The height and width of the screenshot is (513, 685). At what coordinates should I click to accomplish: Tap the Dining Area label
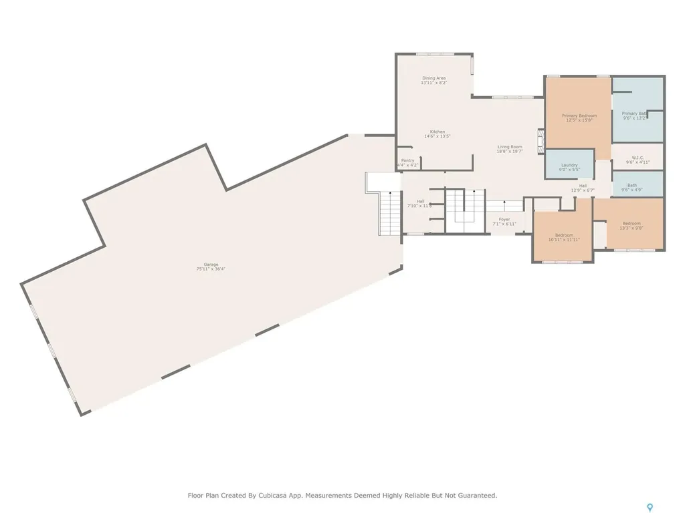tap(433, 78)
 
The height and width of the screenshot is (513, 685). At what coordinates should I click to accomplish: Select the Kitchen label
tap(437, 132)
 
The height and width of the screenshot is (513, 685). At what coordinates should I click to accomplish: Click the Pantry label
tap(407, 160)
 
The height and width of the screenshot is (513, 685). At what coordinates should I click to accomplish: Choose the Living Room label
tap(509, 147)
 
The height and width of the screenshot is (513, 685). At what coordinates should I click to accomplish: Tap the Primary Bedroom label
tap(579, 116)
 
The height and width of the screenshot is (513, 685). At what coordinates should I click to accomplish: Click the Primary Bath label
tap(633, 114)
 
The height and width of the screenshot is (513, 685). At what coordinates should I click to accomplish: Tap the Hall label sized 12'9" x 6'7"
tap(583, 186)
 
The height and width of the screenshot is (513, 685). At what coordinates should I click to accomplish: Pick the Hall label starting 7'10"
tap(420, 201)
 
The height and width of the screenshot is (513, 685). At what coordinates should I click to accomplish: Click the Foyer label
tap(504, 219)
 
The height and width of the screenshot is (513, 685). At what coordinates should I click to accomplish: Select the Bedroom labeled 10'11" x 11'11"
tap(563, 235)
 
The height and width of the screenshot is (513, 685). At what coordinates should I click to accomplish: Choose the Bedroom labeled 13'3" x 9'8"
tap(631, 223)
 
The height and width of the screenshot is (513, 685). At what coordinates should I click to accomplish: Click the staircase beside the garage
tap(388, 212)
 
